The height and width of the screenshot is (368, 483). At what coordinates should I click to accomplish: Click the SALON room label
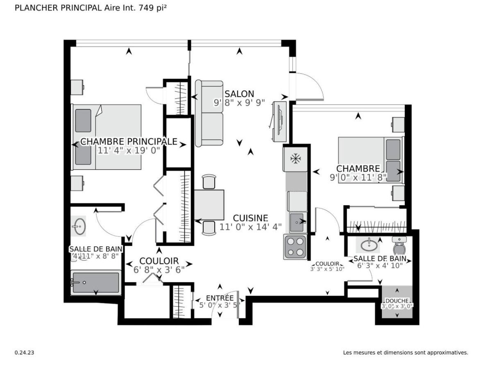click(239, 94)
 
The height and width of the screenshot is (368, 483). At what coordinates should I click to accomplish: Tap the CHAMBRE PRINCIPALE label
click(129, 141)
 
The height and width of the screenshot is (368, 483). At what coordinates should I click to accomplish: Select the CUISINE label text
click(250, 218)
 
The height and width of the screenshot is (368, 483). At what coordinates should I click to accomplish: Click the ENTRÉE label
click(220, 298)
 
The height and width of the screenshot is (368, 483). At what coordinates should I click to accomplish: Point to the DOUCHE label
click(397, 301)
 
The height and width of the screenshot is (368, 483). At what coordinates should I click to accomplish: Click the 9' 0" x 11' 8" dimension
click(358, 177)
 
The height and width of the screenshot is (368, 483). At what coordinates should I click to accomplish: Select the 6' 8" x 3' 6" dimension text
click(159, 270)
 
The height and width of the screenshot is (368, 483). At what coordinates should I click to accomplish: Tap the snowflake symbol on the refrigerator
click(295, 159)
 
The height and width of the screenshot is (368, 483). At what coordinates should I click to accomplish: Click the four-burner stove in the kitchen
click(295, 247)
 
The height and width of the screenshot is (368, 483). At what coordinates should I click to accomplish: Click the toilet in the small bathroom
click(399, 245)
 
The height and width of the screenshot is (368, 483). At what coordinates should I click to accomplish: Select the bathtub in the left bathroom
click(96, 282)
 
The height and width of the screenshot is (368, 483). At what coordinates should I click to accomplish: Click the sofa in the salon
click(209, 113)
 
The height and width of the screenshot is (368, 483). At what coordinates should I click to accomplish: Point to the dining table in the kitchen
click(209, 205)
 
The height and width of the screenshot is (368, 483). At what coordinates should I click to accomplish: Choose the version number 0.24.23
click(24, 352)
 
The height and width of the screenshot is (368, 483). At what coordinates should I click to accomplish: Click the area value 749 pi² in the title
click(153, 8)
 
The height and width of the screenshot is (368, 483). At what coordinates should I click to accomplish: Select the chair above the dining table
click(209, 182)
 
